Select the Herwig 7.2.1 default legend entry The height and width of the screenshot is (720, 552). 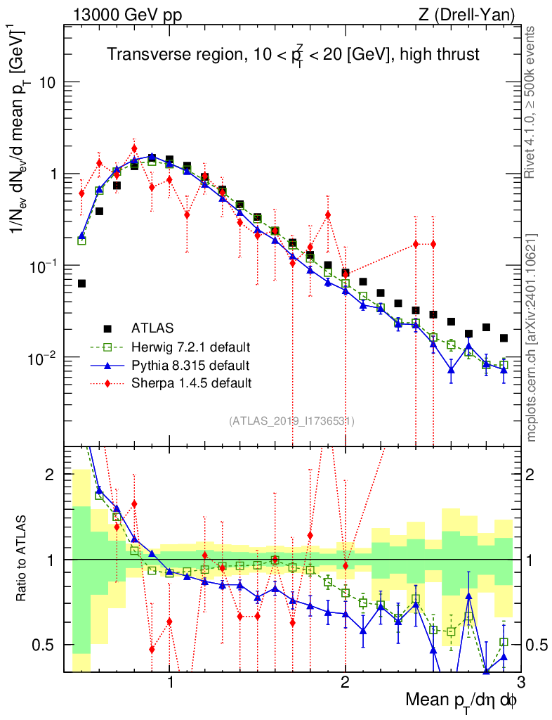click(190, 347)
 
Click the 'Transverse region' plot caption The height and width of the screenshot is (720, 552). click(293, 56)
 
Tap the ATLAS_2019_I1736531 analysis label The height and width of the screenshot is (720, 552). click(291, 421)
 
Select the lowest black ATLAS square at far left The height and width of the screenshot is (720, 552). click(81, 283)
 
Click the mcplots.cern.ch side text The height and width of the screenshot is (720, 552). click(532, 338)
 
